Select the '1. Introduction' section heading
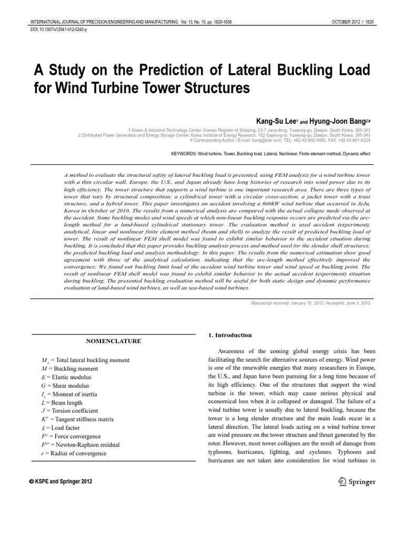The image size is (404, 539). click(224, 335)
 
